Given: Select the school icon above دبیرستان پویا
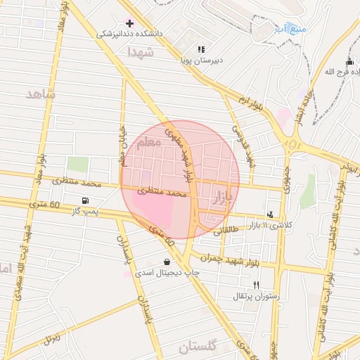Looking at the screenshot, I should coord(201,49).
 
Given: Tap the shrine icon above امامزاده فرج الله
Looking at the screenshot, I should coord(349,62).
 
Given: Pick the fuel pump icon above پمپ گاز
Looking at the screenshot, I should coord(86,200).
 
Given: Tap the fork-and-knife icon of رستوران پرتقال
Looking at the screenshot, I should coord(256,285).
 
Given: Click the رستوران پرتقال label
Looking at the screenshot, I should coord(257,296).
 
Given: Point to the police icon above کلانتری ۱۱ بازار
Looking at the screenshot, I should coord(270,214).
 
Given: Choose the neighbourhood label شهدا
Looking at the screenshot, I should coord(139,52).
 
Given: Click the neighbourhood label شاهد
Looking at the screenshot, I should coord(40,94).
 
